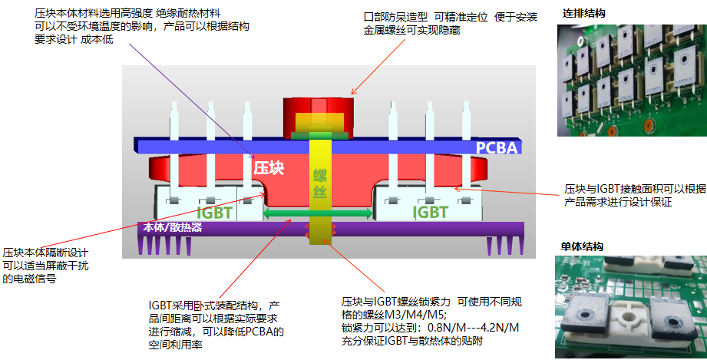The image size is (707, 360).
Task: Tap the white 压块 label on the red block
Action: point(269,167)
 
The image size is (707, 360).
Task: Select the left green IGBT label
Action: point(215,212)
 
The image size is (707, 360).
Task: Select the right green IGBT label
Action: point(430,211)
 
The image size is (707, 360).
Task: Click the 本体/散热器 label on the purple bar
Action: point(173,228)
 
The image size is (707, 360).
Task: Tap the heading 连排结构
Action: point(584,14)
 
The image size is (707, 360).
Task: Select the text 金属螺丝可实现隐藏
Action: point(411,31)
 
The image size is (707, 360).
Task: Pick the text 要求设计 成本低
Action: point(74,39)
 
